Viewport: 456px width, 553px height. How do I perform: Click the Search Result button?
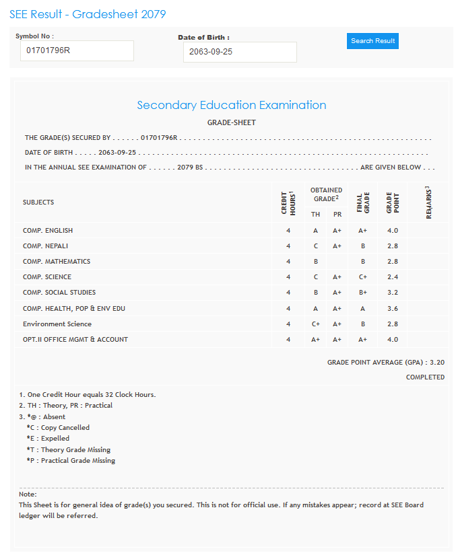[372, 41]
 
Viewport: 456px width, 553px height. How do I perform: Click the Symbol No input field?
[77, 50]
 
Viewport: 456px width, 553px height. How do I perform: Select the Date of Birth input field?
[239, 52]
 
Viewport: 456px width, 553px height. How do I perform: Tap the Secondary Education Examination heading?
[231, 105]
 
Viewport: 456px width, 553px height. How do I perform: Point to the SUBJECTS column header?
[38, 202]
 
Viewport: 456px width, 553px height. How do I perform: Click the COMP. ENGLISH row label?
[48, 231]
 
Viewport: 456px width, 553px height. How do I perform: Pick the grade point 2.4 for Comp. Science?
[393, 277]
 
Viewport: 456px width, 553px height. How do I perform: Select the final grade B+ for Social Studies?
[362, 293]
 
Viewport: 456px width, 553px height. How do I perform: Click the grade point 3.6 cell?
[393, 308]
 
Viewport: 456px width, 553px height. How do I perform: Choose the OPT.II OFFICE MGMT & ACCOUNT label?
[75, 340]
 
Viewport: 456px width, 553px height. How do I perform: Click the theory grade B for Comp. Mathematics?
[315, 262]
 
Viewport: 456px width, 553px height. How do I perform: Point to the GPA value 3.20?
[436, 362]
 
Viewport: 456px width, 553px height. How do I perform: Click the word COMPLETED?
[425, 377]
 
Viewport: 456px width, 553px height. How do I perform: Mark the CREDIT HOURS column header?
[288, 202]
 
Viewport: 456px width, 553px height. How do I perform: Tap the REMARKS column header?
[428, 202]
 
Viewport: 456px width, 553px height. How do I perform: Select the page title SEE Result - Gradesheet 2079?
[88, 14]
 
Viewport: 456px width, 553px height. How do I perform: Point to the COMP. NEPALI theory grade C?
[315, 246]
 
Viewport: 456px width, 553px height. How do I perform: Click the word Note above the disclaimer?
[28, 494]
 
